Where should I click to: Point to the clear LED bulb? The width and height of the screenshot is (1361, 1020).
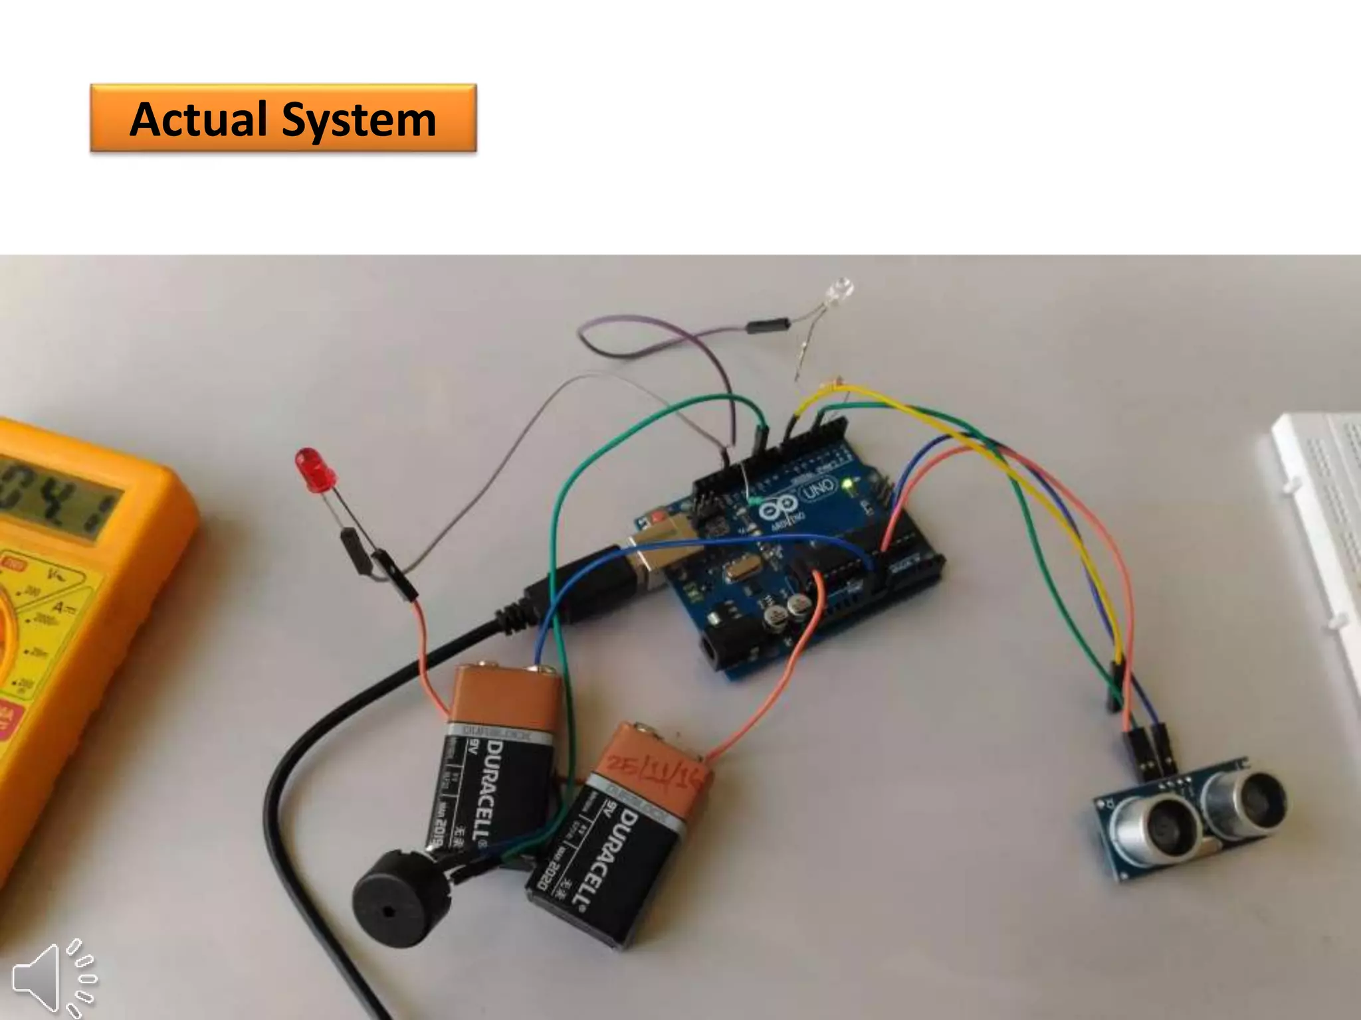(x=839, y=292)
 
